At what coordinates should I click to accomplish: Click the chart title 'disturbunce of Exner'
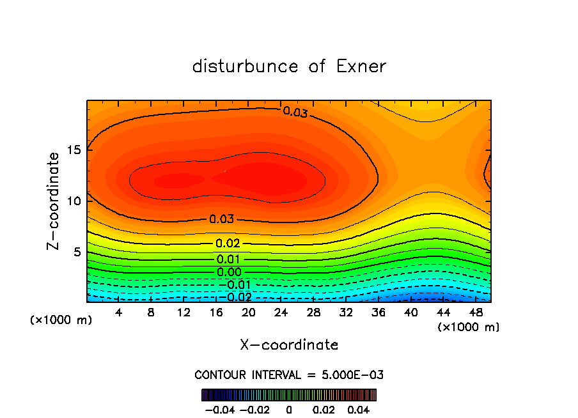point(289,66)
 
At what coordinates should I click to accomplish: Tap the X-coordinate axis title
point(289,345)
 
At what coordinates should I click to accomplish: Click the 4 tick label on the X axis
point(119,313)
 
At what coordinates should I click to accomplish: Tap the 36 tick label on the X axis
point(379,313)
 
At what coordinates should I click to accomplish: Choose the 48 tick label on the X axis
point(476,313)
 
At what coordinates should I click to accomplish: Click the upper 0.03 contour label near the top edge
point(295,112)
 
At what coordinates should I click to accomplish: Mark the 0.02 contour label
point(228,244)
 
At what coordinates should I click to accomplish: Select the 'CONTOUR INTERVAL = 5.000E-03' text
point(289,375)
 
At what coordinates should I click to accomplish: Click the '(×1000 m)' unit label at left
point(61,320)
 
